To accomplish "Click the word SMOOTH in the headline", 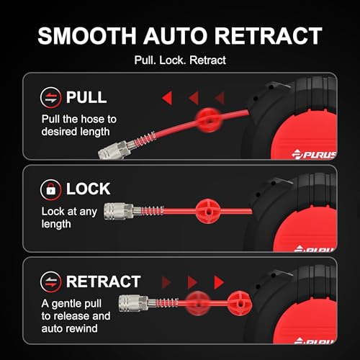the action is click(87, 36).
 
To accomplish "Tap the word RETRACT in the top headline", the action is click(268, 36).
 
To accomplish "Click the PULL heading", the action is click(86, 97).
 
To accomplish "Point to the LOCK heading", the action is click(89, 189).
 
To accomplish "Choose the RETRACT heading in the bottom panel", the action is click(103, 282).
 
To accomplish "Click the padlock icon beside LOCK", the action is click(50, 189).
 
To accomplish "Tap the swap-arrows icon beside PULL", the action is click(50, 98).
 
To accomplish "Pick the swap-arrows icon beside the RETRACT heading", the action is click(50, 282).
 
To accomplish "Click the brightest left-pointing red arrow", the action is click(167, 98).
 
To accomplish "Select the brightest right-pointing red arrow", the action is click(219, 282).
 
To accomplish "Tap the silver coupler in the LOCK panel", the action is click(119, 211).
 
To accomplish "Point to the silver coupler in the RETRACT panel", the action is click(133, 303).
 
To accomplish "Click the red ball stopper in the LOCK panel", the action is click(208, 211).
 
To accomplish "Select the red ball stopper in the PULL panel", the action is click(208, 120).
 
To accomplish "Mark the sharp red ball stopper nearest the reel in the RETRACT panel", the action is click(239, 303).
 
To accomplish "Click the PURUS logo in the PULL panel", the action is click(314, 154).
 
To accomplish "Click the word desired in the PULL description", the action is click(60, 132).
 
